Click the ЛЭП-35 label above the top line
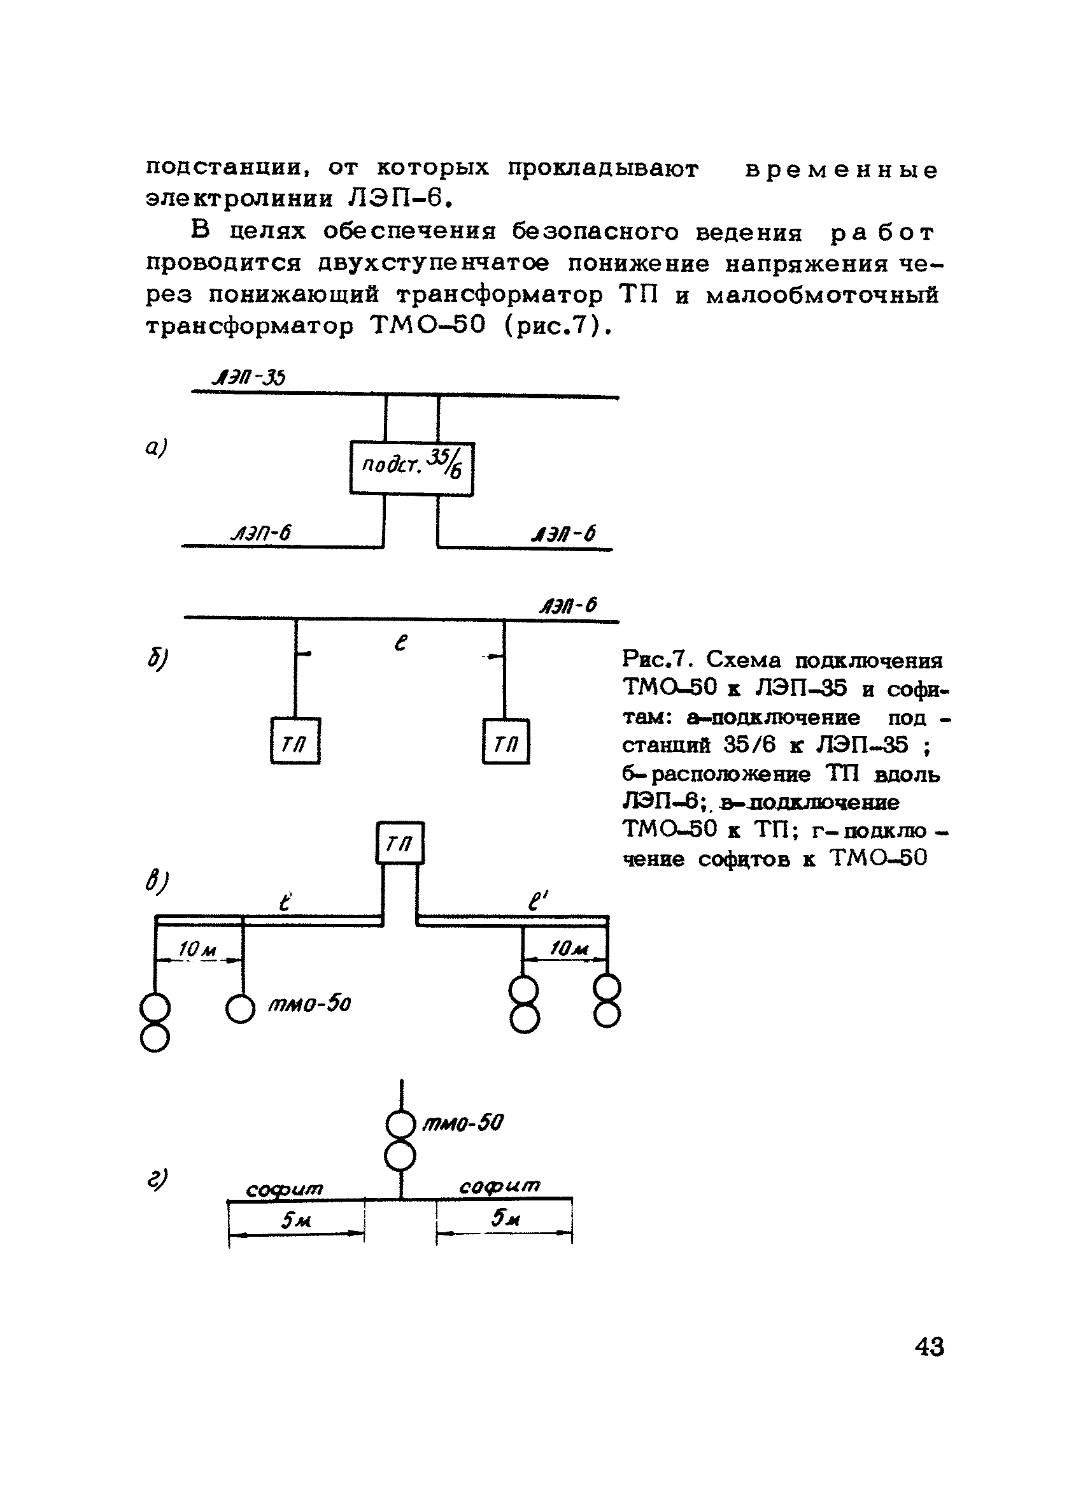249,378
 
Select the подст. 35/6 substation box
412,468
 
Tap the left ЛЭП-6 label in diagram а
260,533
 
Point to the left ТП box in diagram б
295,740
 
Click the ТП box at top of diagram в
400,843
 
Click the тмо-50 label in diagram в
309,1004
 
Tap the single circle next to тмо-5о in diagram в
240,1009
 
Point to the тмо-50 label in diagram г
463,1123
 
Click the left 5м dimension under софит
296,1220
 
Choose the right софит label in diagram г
499,1185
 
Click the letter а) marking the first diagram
156,448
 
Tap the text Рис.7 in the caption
653,659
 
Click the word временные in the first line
842,171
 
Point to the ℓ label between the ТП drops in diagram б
400,642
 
